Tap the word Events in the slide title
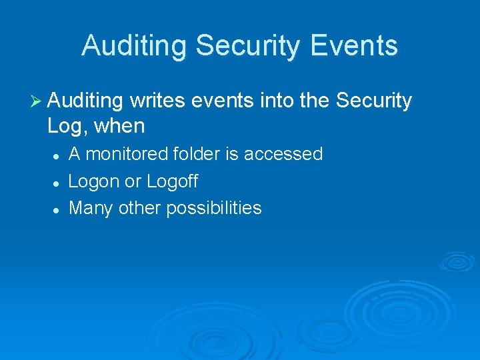[x=355, y=46]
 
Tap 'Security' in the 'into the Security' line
[x=374, y=101]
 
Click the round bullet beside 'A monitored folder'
[x=57, y=155]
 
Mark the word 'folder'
[x=197, y=154]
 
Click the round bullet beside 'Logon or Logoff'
[x=57, y=182]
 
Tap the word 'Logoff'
[x=173, y=181]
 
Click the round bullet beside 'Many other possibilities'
[x=57, y=209]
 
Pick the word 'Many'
[x=91, y=209]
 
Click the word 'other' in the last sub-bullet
[x=139, y=208]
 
